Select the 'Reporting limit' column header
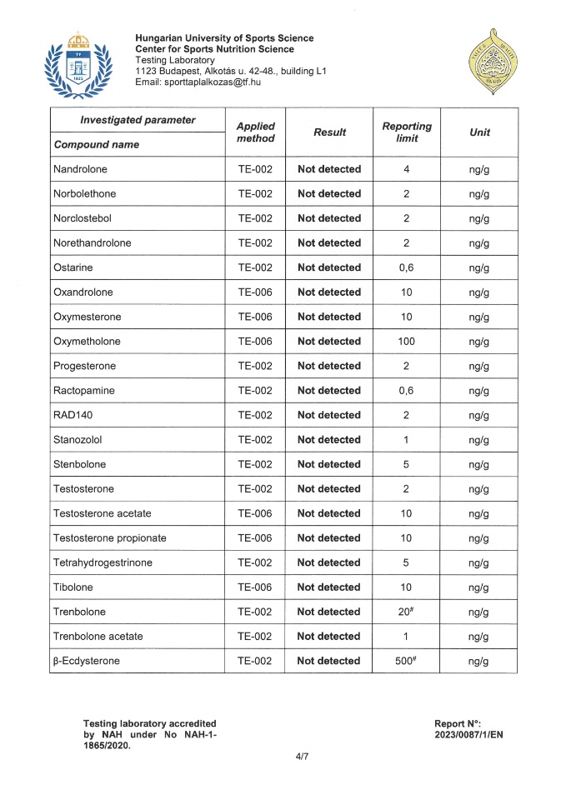406,132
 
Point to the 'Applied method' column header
255,132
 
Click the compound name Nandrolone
80,169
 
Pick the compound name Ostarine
73,267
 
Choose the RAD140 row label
73,415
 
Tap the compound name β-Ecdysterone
86,661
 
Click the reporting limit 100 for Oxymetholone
406,341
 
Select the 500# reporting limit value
406,661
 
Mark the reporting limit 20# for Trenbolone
406,612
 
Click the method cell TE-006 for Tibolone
255,587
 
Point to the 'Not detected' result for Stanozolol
329,439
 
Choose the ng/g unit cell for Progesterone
478,366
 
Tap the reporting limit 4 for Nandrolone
406,169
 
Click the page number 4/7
291,756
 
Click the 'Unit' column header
479,132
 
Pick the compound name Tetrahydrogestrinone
103,562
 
